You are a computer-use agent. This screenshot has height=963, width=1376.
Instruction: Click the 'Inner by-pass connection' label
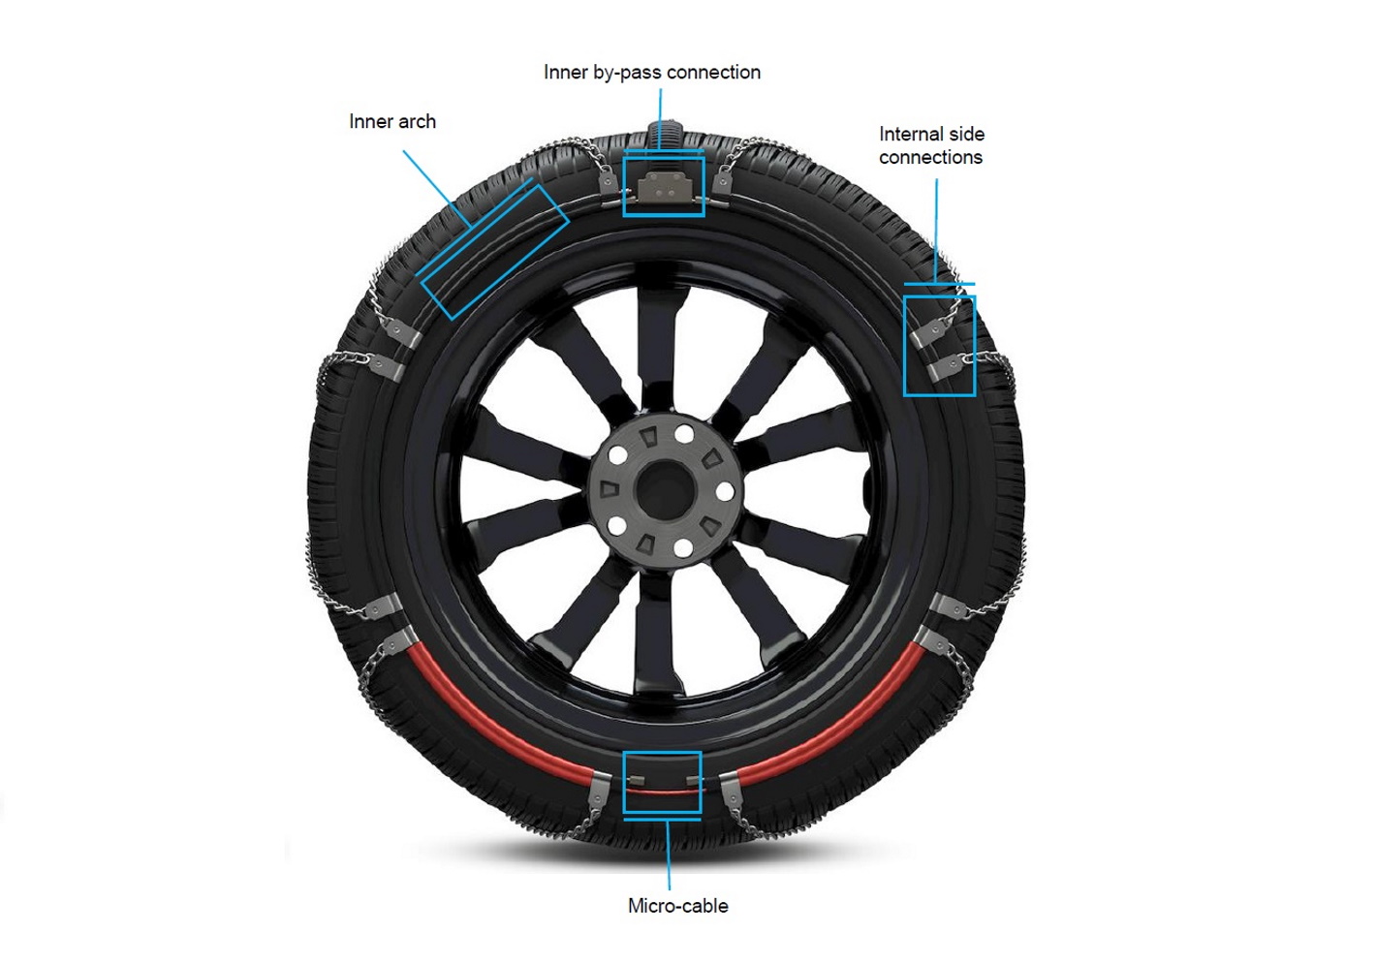[x=652, y=73]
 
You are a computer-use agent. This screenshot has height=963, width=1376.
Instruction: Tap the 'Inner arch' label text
[x=392, y=122]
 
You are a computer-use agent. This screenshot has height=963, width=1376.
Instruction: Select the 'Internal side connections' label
[x=931, y=145]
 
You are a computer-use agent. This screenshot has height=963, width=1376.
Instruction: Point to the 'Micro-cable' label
[x=677, y=906]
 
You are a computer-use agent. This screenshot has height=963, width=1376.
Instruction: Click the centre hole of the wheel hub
[x=665, y=489]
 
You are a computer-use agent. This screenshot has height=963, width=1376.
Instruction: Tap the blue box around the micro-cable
[x=662, y=752]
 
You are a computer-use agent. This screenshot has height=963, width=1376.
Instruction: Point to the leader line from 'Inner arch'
[x=437, y=189]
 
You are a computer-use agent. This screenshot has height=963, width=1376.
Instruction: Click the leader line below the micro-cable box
[x=669, y=854]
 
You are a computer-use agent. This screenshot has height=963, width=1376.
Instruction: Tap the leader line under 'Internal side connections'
[x=935, y=231]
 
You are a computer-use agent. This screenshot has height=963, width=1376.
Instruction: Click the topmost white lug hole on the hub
[x=683, y=434]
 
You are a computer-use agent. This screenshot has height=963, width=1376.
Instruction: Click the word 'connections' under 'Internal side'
[x=930, y=157]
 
